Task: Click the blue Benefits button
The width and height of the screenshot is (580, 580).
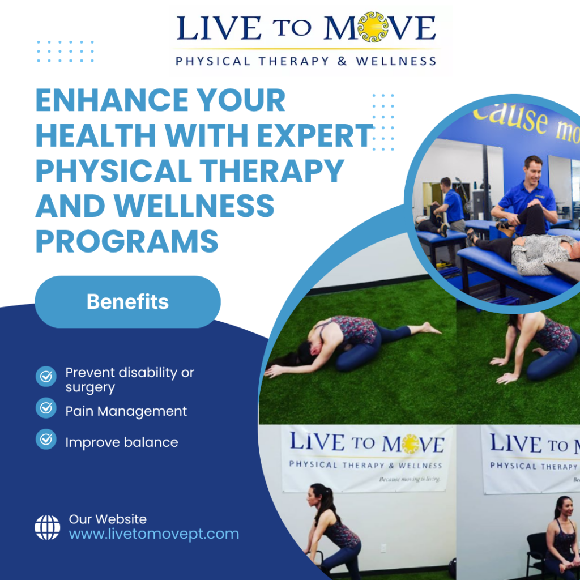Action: coord(127,302)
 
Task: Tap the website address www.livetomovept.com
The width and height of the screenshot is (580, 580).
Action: coord(153,534)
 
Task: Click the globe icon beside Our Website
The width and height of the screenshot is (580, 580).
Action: coord(47,527)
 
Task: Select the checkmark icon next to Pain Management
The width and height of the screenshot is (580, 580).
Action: coord(46,408)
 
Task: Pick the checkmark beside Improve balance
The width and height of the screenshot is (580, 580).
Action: coord(46,439)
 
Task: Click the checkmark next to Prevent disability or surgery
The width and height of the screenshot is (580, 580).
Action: coord(46,376)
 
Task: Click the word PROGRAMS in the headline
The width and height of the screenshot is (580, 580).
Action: coord(127,241)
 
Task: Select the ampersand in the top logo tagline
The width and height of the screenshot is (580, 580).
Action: coord(342,61)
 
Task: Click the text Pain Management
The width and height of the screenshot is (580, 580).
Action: coord(126,411)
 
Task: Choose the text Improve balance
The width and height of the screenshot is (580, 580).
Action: coord(121,442)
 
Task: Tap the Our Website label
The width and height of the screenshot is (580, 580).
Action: coord(108,519)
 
